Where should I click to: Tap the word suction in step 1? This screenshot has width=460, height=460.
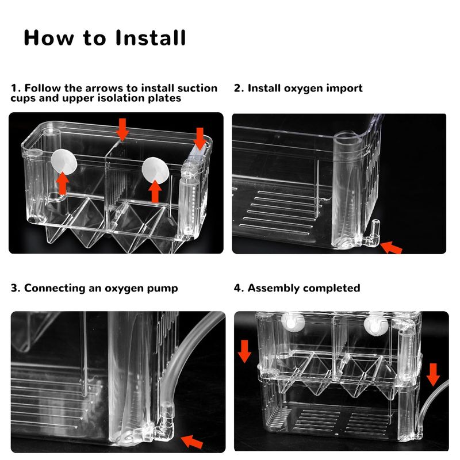197,89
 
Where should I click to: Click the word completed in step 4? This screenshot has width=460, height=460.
332,288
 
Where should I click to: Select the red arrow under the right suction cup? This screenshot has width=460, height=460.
154,191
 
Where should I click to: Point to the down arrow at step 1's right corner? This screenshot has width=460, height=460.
200,139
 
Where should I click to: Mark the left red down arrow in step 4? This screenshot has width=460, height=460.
245,351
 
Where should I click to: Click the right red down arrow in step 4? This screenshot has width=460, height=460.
434,374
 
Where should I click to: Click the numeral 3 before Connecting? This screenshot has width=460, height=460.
14,288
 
